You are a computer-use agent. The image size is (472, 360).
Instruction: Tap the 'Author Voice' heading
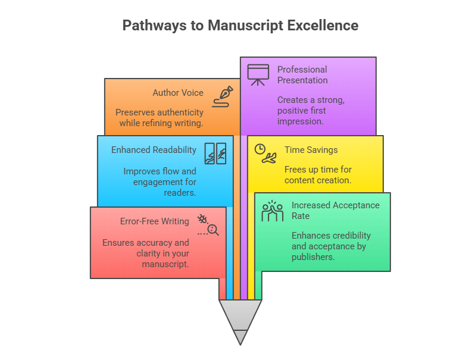pos(178,93)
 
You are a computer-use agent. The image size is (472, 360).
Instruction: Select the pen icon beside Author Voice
pos(226,95)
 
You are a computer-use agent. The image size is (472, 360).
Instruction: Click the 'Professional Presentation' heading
pos(302,75)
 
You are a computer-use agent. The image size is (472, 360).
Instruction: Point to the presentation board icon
pos(258,74)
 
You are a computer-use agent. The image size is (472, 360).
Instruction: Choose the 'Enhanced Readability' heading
pos(154,150)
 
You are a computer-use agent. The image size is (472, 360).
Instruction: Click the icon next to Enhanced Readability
pos(215,154)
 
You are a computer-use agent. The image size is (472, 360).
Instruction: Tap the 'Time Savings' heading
pos(311,151)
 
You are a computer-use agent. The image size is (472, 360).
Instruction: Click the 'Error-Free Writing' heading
pos(155,221)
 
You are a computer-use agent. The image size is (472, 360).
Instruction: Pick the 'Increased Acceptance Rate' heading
pos(335,210)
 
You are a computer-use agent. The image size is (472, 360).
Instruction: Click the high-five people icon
pos(273,211)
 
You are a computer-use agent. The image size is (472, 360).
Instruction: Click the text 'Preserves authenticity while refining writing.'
pos(160,118)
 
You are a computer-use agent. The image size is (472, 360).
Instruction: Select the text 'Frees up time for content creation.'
pos(318,175)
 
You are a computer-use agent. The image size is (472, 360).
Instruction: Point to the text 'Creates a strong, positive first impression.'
pos(311,111)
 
